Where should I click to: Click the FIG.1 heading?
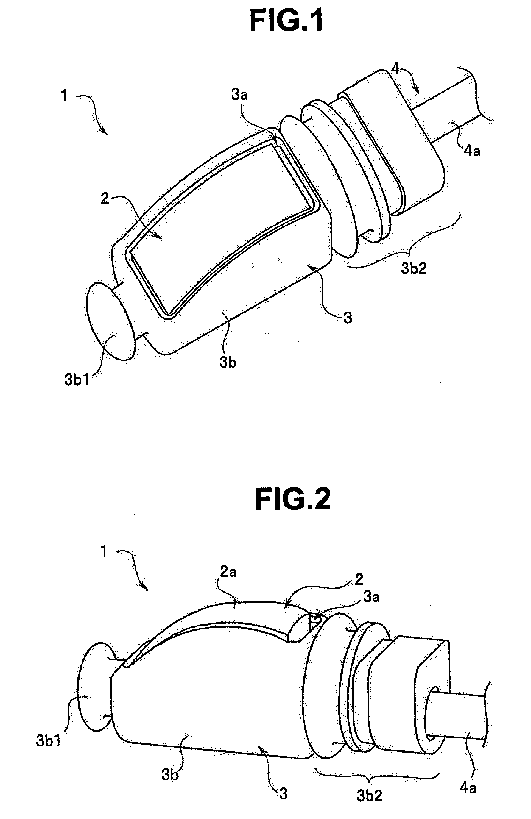(286, 21)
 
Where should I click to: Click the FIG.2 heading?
(293, 499)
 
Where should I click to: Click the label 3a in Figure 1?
(239, 94)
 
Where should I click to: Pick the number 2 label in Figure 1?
(105, 198)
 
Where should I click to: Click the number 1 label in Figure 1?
(64, 96)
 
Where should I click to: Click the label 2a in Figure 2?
(228, 572)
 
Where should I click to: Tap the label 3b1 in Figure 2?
(48, 740)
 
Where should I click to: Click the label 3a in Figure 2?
(372, 597)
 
